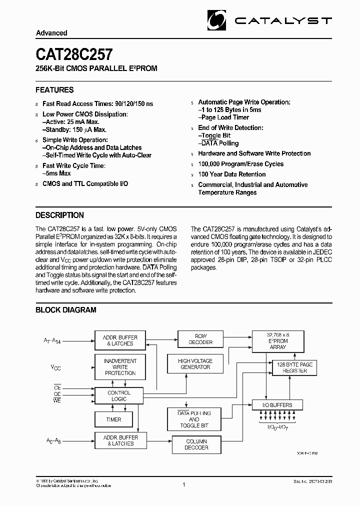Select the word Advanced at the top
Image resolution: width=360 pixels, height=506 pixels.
[x=51, y=33]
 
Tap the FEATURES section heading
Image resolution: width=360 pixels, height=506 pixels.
[x=54, y=90]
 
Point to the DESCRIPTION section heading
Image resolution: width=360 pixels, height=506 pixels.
[x=59, y=215]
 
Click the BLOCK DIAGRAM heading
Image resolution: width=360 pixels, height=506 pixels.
[x=65, y=310]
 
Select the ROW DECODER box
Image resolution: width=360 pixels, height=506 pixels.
[x=201, y=339]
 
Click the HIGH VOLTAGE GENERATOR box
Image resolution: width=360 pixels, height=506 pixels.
[x=195, y=364]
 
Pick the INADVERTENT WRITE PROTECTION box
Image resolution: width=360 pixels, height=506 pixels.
[x=120, y=367]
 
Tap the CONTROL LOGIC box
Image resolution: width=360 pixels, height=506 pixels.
[x=119, y=396]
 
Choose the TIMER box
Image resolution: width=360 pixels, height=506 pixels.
[x=114, y=419]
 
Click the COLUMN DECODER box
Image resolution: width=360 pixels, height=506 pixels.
[x=196, y=444]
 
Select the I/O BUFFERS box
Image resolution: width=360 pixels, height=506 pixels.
[x=277, y=404]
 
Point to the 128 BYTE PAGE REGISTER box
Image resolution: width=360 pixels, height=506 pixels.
[x=294, y=368]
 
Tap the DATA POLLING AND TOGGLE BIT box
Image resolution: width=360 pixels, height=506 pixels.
[x=194, y=419]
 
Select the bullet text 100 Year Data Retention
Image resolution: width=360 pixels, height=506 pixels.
[x=232, y=174]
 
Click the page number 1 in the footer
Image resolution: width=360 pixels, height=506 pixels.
[x=184, y=484]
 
